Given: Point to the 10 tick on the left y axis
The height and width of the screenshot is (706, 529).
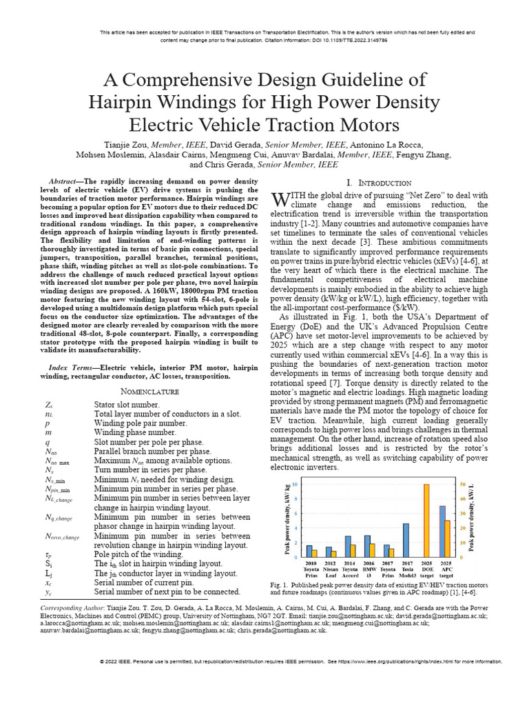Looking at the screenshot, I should (295, 485).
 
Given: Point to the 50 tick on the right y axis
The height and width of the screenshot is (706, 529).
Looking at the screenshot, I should (463, 485).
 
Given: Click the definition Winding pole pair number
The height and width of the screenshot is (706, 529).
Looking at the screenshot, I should (141, 422).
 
